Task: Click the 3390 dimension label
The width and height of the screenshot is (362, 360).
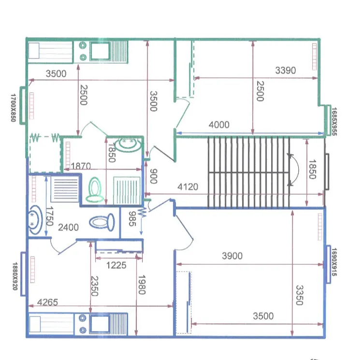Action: coord(285,71)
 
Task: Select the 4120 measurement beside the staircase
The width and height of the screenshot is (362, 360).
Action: coord(188,187)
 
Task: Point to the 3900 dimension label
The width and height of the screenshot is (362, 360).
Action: coord(232,256)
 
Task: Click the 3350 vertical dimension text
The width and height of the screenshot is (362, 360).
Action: coord(299,295)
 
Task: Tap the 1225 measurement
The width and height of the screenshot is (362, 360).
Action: coord(116,265)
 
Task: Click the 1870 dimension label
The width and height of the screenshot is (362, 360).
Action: coord(81,166)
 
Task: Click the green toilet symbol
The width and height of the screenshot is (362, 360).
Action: coord(95,190)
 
